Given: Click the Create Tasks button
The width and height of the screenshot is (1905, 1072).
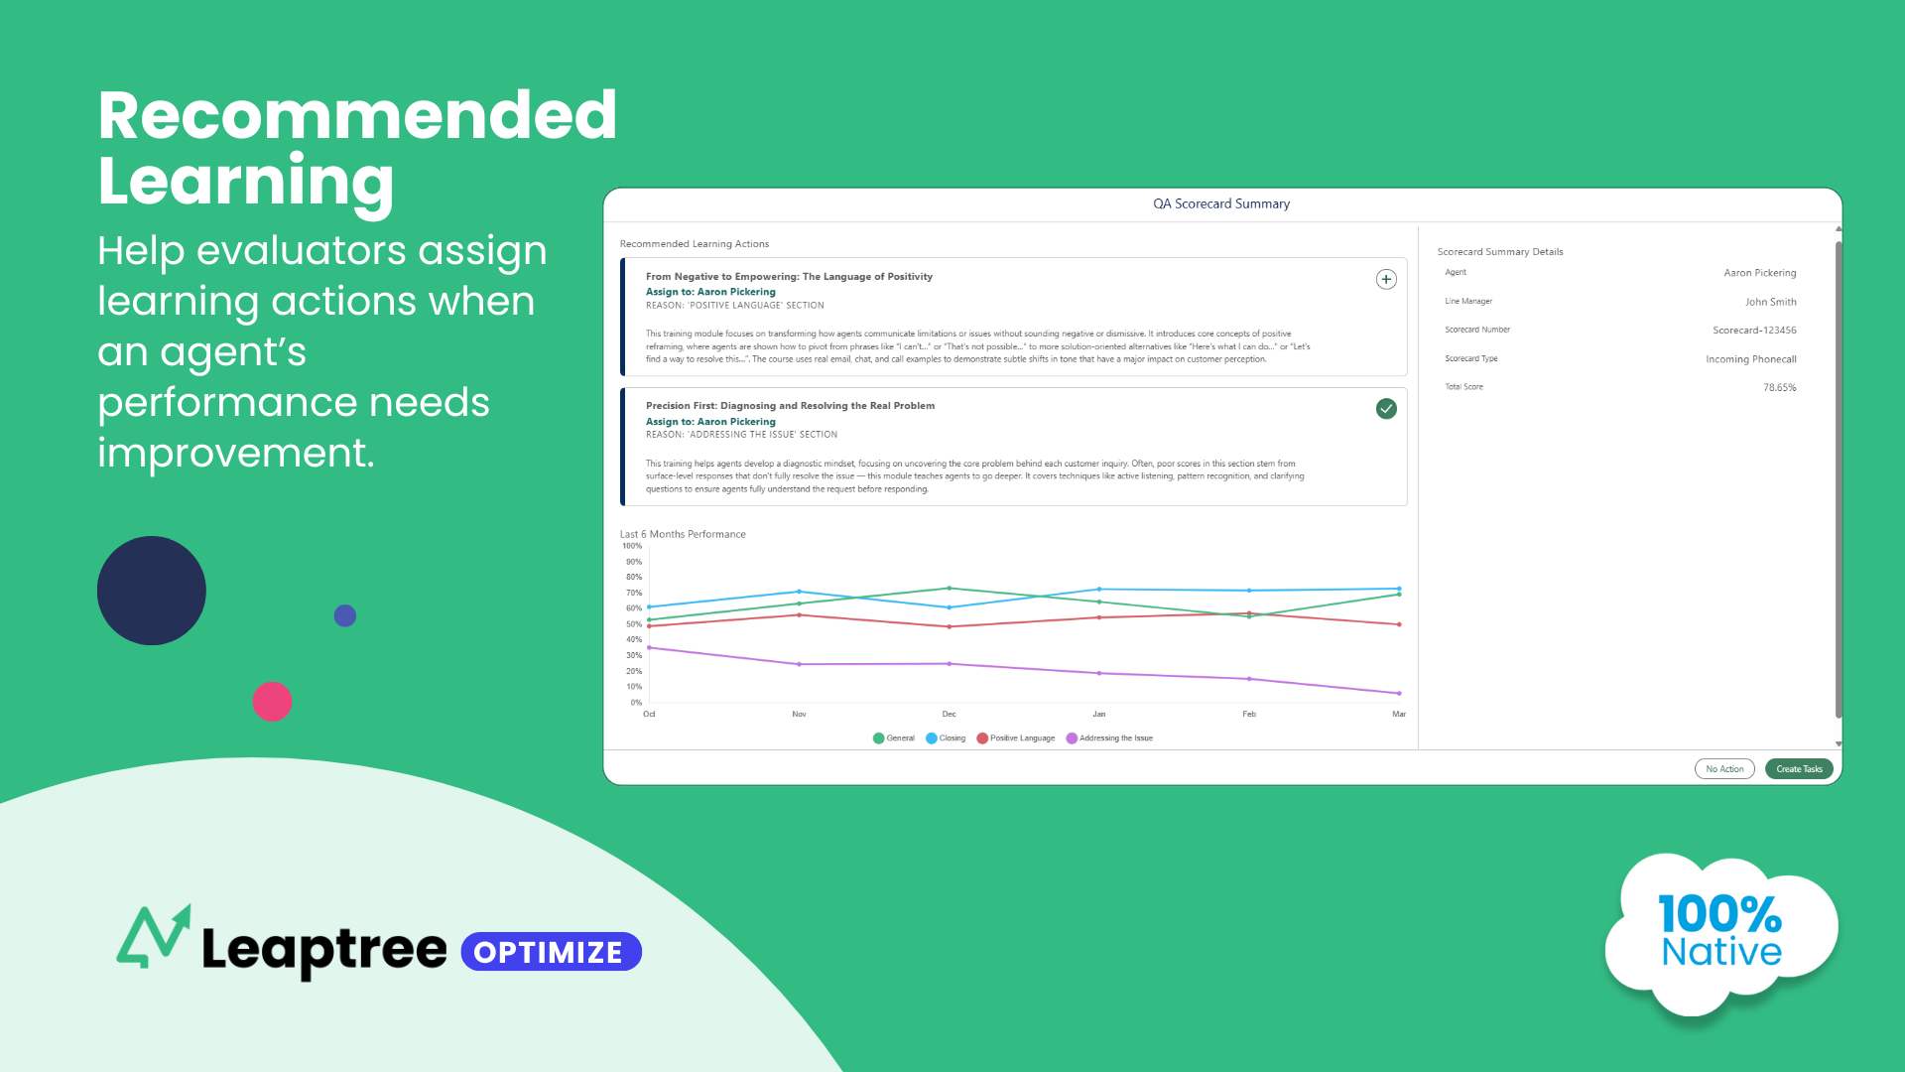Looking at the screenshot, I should click(x=1799, y=769).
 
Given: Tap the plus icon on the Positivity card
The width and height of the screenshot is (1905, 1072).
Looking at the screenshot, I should click(x=1386, y=280).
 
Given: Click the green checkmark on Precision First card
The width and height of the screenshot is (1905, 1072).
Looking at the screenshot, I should click(x=1386, y=409).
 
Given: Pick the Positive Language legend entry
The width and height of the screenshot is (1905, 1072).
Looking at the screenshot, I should click(x=1016, y=738).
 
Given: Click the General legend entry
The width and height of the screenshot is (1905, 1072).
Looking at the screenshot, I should click(x=894, y=738).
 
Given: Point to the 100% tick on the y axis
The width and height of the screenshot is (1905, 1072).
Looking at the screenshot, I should click(x=632, y=546).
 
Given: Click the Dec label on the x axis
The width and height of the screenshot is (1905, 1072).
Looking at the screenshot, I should click(x=949, y=715).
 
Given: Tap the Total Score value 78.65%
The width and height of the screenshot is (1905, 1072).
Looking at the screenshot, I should click(x=1779, y=388).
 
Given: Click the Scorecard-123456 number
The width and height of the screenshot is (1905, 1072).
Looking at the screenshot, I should click(x=1754, y=331).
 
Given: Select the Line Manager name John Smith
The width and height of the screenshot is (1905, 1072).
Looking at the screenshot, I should click(x=1770, y=302).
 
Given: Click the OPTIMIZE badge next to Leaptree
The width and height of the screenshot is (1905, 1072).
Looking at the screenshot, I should click(x=551, y=952).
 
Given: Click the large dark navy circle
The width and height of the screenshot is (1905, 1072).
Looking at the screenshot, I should click(x=152, y=591).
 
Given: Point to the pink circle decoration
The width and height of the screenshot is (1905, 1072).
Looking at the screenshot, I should click(x=272, y=702).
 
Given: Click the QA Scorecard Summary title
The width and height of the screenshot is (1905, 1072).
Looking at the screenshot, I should click(x=1221, y=204).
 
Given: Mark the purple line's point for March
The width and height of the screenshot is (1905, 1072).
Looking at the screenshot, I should click(x=1399, y=693).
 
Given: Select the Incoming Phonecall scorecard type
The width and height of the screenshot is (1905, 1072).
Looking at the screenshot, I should click(x=1750, y=359).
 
